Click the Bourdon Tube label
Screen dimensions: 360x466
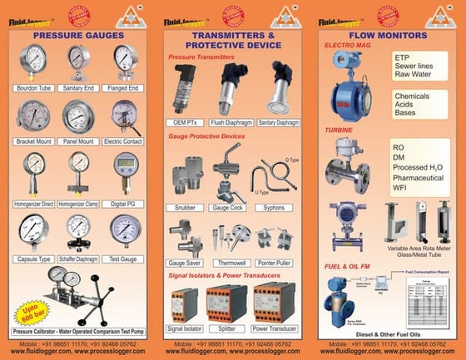coord(34,87)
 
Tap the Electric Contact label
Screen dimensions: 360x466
coord(126,142)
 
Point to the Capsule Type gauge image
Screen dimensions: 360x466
coord(34,233)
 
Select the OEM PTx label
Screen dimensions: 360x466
coord(185,122)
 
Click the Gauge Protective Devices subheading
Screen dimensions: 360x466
coord(206,135)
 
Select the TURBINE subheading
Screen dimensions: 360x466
coord(339,131)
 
